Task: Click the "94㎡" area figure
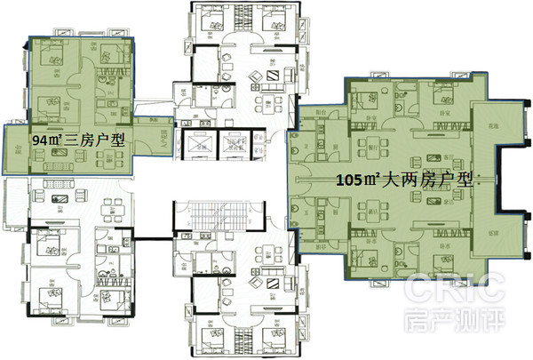[x=48, y=141]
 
